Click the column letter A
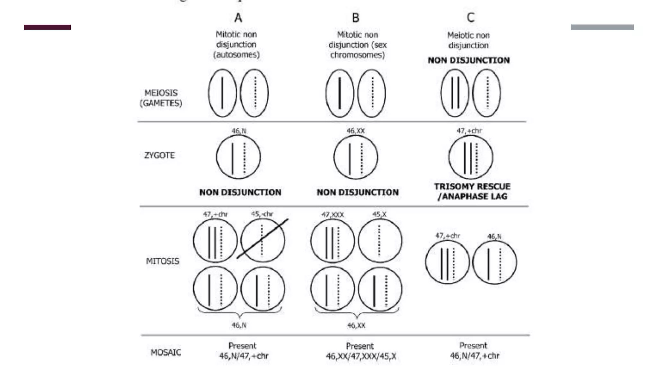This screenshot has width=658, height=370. point(238,18)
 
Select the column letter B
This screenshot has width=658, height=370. point(355,18)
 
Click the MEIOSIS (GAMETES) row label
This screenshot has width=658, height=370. point(161,98)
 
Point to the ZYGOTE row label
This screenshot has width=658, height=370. point(159,155)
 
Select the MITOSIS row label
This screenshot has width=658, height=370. point(163,261)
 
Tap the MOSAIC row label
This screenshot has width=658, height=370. point(166,352)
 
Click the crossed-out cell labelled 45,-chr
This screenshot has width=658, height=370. point(262,241)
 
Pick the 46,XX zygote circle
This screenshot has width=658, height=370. point(356,157)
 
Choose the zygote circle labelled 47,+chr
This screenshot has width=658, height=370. point(470,157)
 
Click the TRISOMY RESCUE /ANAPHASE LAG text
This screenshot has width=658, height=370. point(472,191)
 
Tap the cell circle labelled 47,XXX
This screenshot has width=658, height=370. point(332,241)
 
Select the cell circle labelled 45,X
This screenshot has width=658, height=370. point(380,241)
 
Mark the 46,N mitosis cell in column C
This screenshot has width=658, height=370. point(494,262)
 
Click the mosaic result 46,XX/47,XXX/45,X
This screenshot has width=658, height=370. point(361,356)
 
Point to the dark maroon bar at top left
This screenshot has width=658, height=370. point(47,27)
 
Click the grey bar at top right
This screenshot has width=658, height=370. point(602,27)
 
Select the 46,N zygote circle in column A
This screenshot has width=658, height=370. point(238,157)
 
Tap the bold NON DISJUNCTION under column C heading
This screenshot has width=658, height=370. point(468,60)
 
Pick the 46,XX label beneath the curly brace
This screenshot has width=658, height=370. point(356,326)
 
